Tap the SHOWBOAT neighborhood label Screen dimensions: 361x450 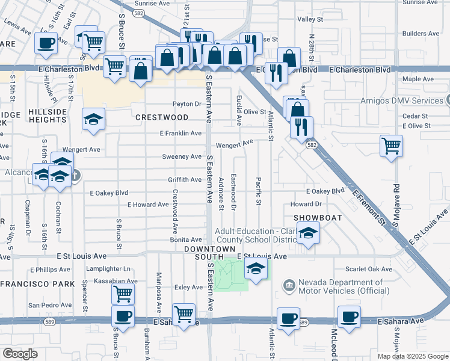coord(317,217)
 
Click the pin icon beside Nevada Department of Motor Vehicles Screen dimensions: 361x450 coord(289,283)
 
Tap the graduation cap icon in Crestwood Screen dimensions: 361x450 coord(93,120)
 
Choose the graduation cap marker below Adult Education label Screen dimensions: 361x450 coord(308,233)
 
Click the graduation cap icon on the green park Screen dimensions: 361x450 coord(256,270)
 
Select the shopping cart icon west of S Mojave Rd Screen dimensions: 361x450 coord(391,146)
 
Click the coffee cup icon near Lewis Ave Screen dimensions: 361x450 coord(46,43)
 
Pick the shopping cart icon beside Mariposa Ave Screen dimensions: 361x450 coord(183,313)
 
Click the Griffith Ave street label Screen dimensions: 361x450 coord(185,180)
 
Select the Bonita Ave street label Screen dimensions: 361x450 coord(186,239)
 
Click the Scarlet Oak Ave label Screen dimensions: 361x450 coord(369,269)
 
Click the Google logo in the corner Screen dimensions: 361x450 coord(20,354)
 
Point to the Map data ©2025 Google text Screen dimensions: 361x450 coord(412,356)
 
